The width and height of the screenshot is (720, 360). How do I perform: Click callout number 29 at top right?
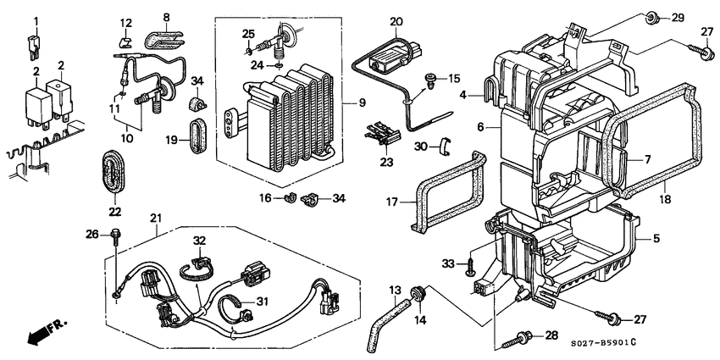point(677,18)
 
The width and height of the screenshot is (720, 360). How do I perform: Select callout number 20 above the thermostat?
point(396,21)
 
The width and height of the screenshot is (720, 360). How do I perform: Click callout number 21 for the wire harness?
point(156,220)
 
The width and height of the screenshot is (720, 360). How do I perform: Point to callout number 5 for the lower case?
point(656,240)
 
